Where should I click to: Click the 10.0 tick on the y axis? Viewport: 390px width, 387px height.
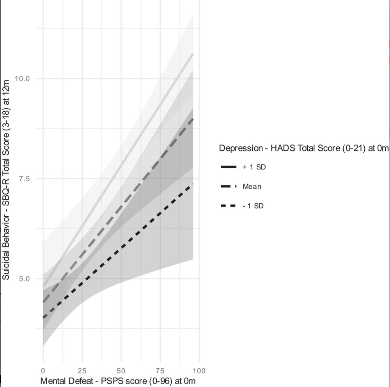pyautogui.click(x=22, y=78)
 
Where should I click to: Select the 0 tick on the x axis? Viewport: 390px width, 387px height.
pyautogui.click(x=43, y=370)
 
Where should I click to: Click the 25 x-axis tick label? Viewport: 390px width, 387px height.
pyautogui.click(x=82, y=370)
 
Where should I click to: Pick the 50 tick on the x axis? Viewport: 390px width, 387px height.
pyautogui.click(x=121, y=370)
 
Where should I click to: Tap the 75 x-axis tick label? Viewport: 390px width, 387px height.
pyautogui.click(x=160, y=370)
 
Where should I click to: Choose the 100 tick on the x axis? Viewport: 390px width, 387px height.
pyautogui.click(x=199, y=370)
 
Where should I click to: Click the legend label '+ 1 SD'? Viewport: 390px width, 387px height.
pyautogui.click(x=254, y=167)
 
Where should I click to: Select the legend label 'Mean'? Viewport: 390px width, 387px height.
pyautogui.click(x=252, y=186)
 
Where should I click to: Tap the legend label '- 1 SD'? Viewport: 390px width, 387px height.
pyautogui.click(x=253, y=205)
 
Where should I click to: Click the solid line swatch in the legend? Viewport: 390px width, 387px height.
pyautogui.click(x=229, y=167)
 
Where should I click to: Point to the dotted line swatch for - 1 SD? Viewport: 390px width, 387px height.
pyautogui.click(x=229, y=205)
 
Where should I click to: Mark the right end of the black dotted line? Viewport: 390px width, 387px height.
pyautogui.click(x=193, y=184)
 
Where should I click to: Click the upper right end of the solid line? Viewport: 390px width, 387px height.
pyautogui.click(x=193, y=54)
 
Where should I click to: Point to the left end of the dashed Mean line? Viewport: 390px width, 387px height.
pyautogui.click(x=43, y=302)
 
